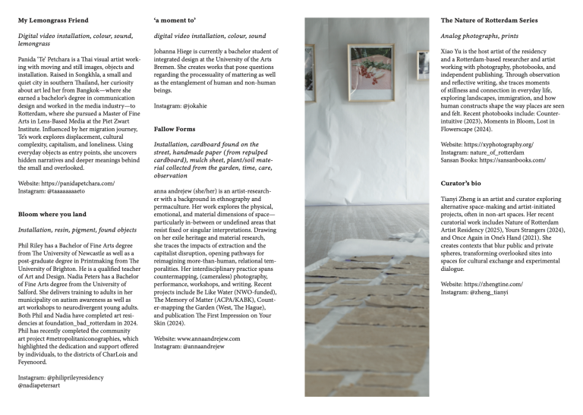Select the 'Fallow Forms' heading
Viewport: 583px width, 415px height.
174,129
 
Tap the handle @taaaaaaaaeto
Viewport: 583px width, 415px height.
78,190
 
